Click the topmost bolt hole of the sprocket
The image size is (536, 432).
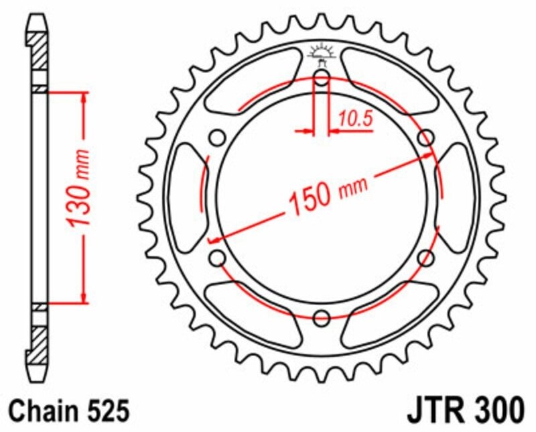[322, 80]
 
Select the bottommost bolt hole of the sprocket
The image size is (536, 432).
[322, 318]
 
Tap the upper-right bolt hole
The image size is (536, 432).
[424, 139]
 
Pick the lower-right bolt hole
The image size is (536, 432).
[424, 258]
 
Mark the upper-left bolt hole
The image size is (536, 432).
[217, 139]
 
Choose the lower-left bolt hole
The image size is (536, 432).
[217, 258]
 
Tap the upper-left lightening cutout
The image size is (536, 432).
[251, 87]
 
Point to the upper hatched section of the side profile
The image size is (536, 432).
[40, 50]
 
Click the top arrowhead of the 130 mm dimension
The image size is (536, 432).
[83, 97]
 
